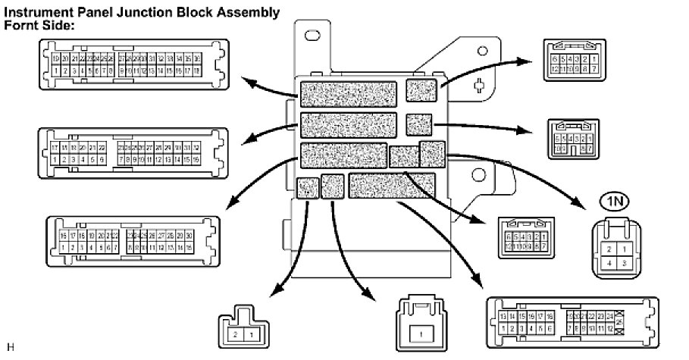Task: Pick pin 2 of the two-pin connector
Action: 235,334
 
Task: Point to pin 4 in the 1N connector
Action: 606,261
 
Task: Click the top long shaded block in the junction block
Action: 349,93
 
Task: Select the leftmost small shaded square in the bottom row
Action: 307,187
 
